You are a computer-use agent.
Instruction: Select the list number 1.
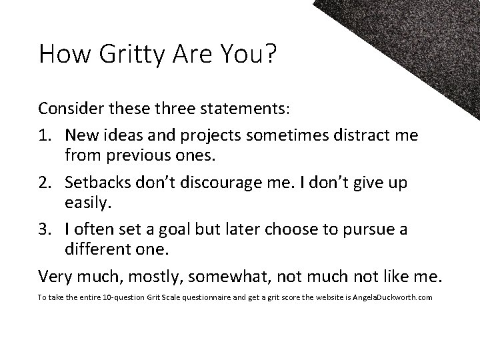click(45, 135)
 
